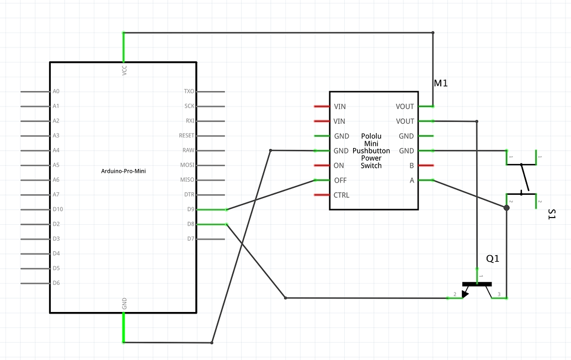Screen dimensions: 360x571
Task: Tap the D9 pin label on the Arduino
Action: point(191,209)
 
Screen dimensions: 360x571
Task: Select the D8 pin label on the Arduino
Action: point(191,224)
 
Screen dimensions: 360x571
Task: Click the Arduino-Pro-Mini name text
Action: point(124,171)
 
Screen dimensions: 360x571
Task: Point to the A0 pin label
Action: point(56,92)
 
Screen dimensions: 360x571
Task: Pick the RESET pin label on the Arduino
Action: point(187,135)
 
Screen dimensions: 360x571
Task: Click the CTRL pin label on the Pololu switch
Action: point(341,195)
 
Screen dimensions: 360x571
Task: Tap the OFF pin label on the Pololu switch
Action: point(340,181)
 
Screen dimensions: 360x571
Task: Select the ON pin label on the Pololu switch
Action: point(339,166)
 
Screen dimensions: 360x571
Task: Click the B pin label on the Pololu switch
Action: point(411,166)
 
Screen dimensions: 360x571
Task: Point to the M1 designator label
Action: point(440,83)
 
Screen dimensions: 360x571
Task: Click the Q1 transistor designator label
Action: point(493,258)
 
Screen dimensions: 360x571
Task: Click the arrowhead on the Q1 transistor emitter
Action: point(465,293)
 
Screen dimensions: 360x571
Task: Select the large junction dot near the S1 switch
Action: point(506,208)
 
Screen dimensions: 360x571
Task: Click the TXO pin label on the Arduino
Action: point(189,92)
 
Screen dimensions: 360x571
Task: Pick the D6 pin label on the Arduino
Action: point(56,283)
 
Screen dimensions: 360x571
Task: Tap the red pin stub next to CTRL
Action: point(321,195)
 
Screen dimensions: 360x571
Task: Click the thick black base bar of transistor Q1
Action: point(477,284)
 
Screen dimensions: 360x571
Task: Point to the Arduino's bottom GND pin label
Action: point(124,303)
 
